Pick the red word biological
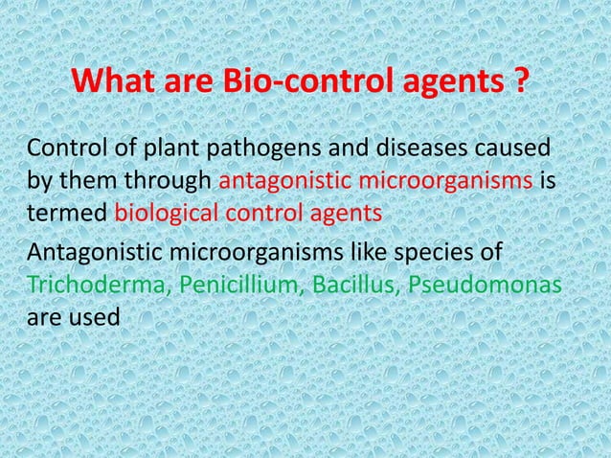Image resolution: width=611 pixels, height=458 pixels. [x=165, y=212]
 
